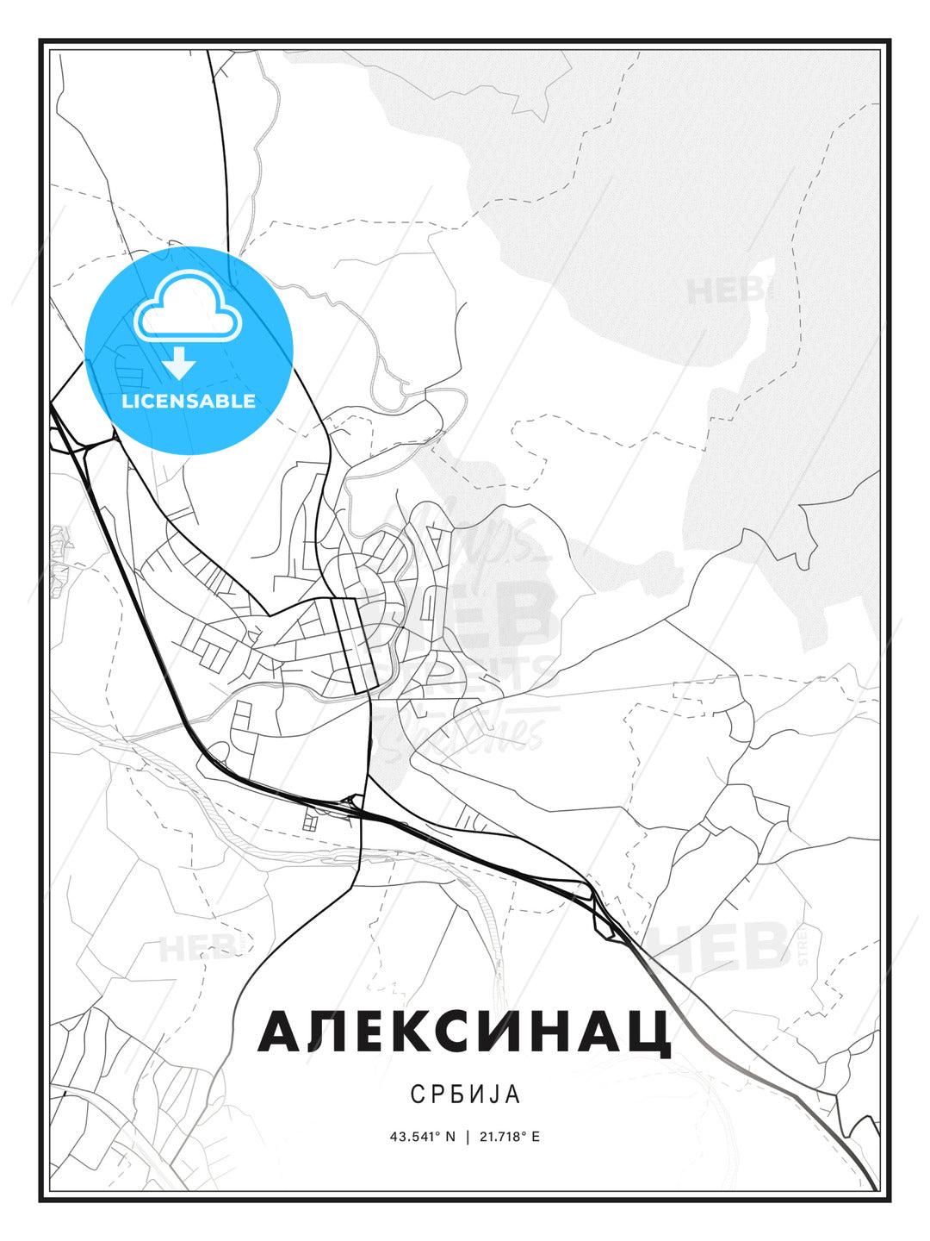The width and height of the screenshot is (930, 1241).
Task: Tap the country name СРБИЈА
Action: [465, 1094]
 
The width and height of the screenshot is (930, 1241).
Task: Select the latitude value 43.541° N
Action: [422, 1137]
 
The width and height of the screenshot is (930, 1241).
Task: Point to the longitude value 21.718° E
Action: [510, 1137]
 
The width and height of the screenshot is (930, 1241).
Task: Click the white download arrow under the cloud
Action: [179, 365]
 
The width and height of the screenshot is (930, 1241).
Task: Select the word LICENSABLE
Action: [189, 401]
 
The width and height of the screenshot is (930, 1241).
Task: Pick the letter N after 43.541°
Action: [449, 1137]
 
